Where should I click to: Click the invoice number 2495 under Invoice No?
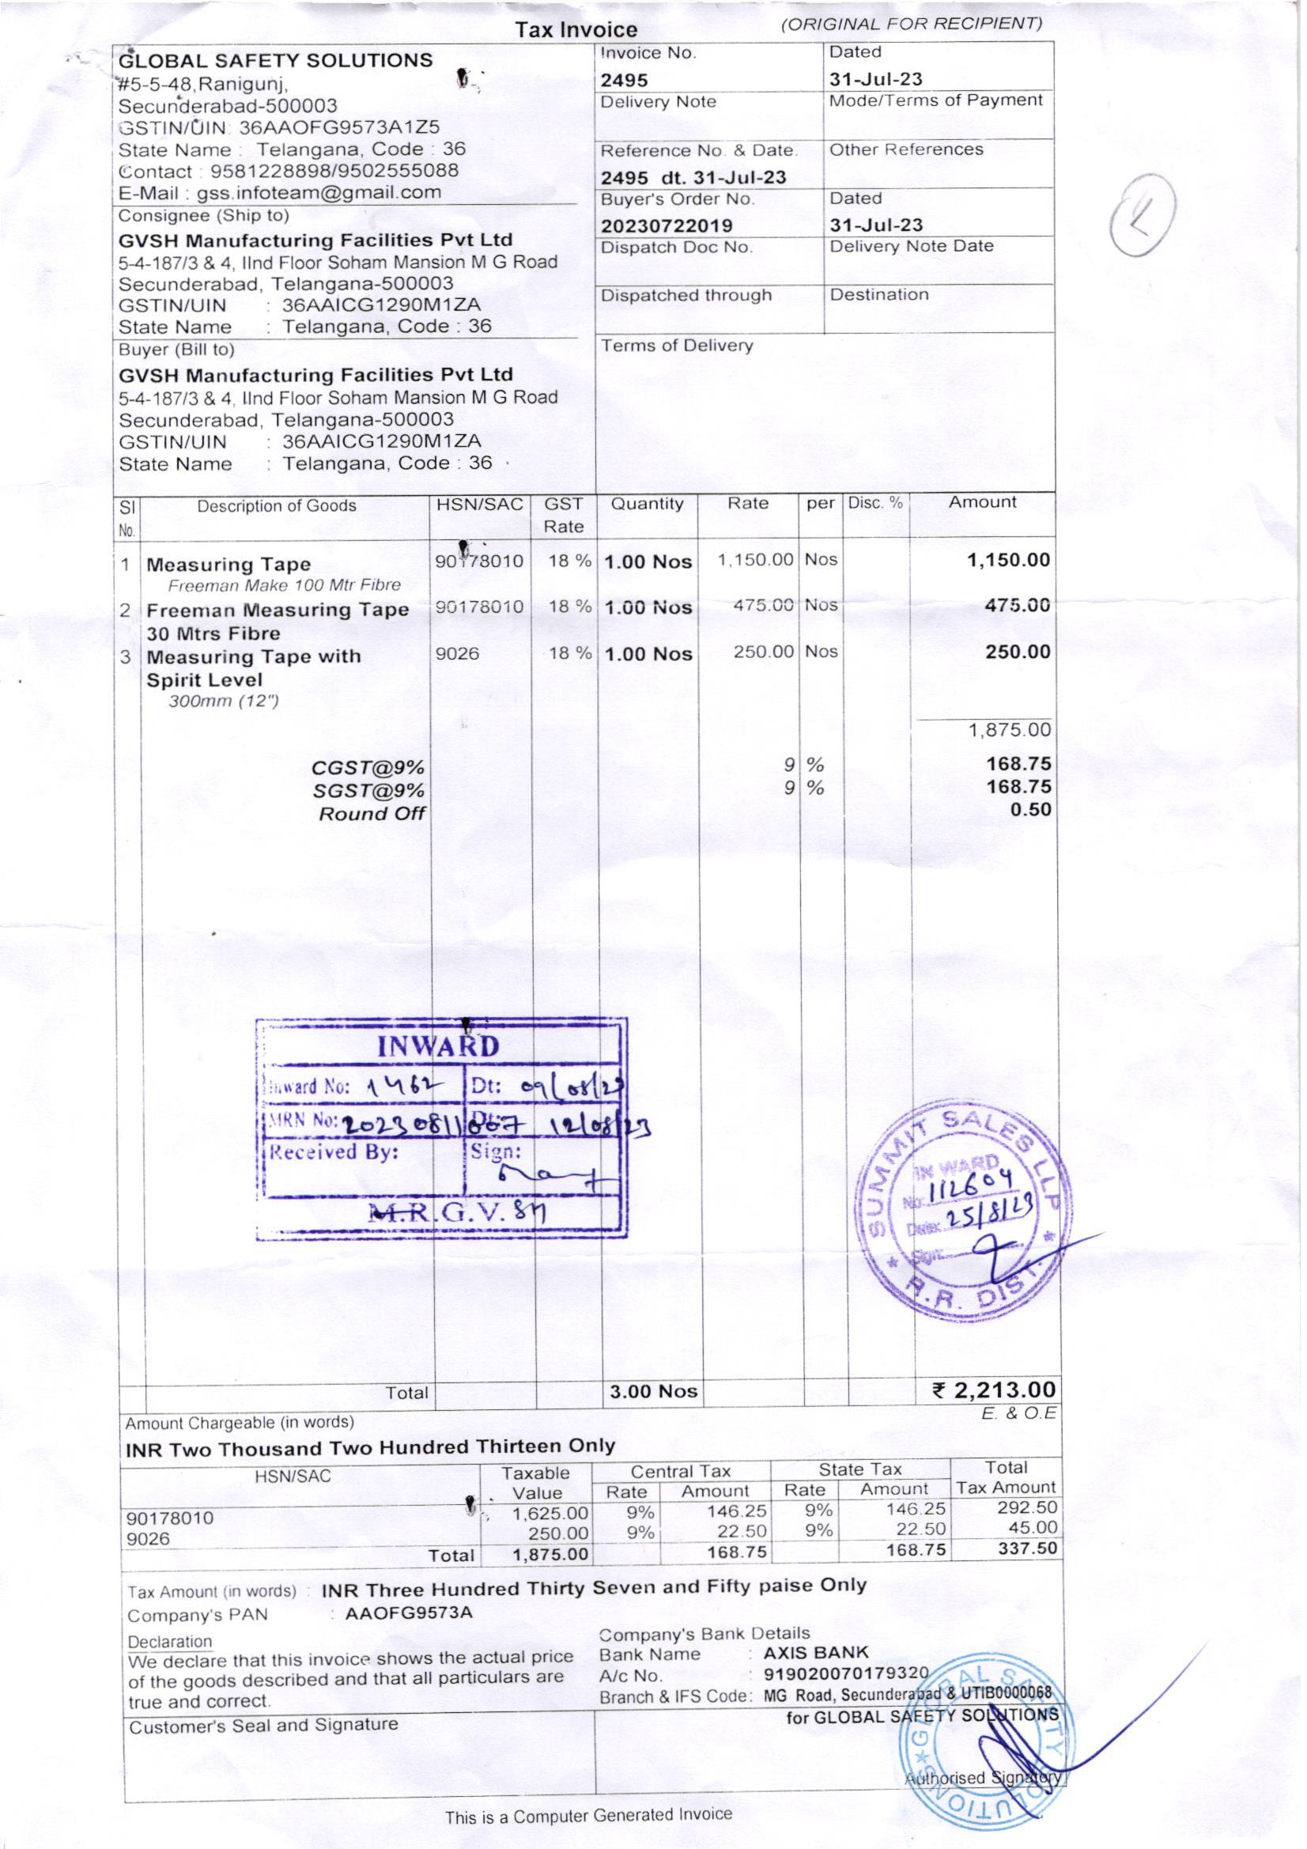click(625, 81)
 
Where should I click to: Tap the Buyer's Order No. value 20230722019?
click(667, 225)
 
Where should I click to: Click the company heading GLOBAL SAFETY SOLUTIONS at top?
click(275, 61)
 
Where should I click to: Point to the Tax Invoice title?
click(576, 30)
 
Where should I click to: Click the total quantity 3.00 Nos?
click(654, 1392)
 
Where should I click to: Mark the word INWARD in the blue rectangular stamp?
click(438, 1047)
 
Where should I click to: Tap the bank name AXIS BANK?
click(816, 1654)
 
